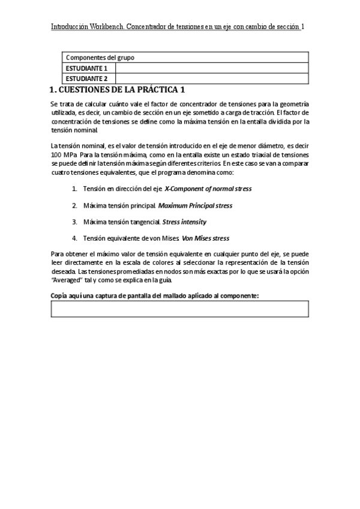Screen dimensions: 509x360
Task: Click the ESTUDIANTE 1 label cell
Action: tap(88, 68)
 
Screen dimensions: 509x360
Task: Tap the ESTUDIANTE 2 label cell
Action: tap(88, 78)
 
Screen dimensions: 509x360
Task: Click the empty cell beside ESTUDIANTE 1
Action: tap(212, 68)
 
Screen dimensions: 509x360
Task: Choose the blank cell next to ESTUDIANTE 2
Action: tap(212, 78)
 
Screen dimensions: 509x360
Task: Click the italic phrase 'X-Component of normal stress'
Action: tap(208, 188)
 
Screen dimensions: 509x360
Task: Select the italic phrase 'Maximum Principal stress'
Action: tap(195, 205)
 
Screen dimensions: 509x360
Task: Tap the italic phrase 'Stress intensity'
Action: tap(184, 222)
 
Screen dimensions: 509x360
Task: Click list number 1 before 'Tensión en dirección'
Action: tap(74, 188)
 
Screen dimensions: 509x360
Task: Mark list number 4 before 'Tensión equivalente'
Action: tap(74, 238)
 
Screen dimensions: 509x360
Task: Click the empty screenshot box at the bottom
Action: tap(180, 309)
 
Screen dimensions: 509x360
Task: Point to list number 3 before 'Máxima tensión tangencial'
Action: tap(74, 222)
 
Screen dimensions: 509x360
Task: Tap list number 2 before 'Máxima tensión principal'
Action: tap(74, 205)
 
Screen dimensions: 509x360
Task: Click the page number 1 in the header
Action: tap(304, 27)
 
